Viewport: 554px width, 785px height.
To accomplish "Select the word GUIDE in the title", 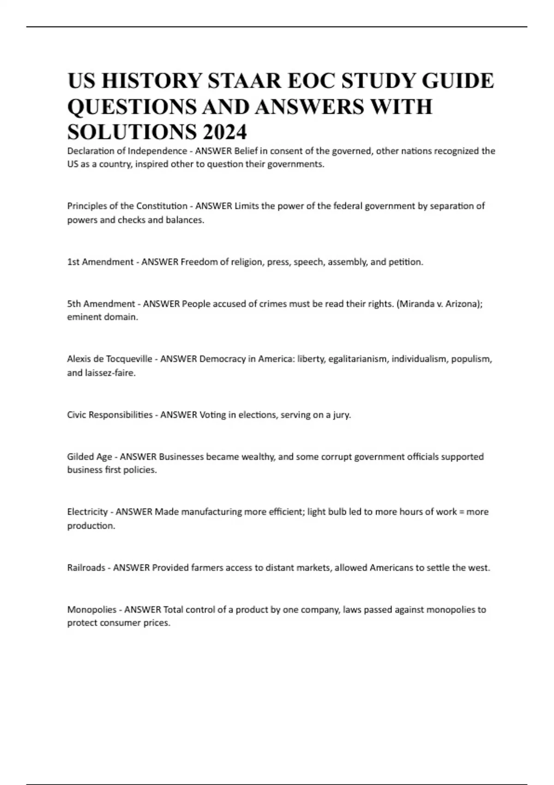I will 457,81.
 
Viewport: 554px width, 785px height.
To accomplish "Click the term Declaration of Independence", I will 127,151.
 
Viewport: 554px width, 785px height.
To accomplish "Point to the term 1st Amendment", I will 100,262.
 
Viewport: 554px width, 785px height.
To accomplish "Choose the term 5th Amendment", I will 101,304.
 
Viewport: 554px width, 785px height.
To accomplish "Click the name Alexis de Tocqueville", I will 109,359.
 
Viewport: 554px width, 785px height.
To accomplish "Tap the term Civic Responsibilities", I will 110,415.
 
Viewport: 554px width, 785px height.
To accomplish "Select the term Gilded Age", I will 90,457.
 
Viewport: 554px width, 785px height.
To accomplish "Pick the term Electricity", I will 87,512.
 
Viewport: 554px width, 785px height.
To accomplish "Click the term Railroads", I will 86,568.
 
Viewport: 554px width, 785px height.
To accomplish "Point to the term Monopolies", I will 92,610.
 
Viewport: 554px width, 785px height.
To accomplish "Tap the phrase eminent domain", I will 102,317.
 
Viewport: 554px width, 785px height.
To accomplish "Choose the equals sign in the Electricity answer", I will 462,512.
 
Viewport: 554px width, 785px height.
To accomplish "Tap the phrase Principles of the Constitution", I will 127,206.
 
